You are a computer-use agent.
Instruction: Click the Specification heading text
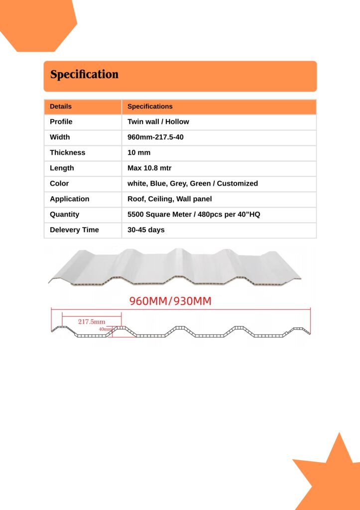pyautogui.click(x=84, y=75)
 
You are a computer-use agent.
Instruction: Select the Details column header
pyautogui.click(x=61, y=107)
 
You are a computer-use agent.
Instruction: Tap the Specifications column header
pyautogui.click(x=150, y=107)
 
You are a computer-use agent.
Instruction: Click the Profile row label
pyautogui.click(x=61, y=122)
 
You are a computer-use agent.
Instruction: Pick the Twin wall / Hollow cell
pyautogui.click(x=158, y=122)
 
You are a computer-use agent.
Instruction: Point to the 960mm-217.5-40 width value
pyautogui.click(x=155, y=137)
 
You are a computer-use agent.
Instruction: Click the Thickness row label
pyautogui.click(x=67, y=152)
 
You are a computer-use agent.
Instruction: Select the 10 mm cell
pyautogui.click(x=139, y=152)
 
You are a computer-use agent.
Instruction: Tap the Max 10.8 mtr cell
pyautogui.click(x=149, y=168)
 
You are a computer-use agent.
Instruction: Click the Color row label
pyautogui.click(x=59, y=183)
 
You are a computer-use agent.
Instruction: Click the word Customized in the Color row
pyautogui.click(x=238, y=183)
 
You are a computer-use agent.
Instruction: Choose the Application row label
pyautogui.click(x=69, y=199)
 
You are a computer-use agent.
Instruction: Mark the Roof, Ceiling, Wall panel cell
pyautogui.click(x=169, y=199)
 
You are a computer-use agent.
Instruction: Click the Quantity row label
pyautogui.click(x=64, y=214)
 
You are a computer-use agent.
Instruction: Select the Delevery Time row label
pyautogui.click(x=74, y=230)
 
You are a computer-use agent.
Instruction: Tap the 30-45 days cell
pyautogui.click(x=146, y=230)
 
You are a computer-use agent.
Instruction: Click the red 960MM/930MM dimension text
pyautogui.click(x=170, y=301)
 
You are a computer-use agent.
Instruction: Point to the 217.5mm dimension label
pyautogui.click(x=92, y=322)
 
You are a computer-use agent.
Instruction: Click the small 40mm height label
pyautogui.click(x=105, y=329)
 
